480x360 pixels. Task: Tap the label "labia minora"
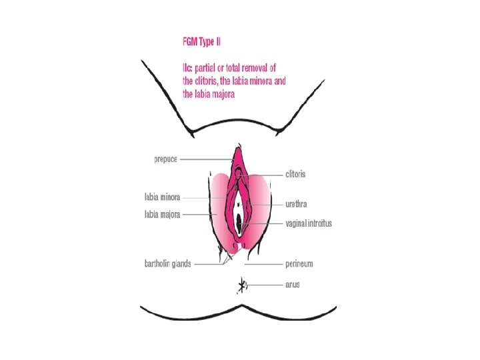point(163,198)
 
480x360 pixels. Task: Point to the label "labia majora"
point(163,214)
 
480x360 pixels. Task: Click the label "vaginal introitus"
point(309,223)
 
